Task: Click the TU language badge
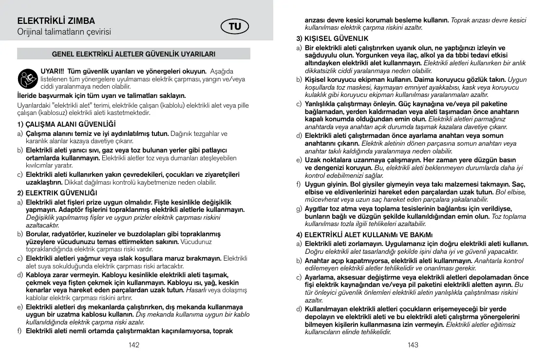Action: point(235,27)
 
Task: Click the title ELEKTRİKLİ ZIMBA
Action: point(56,21)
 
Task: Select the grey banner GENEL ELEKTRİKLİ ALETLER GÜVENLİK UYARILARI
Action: point(133,54)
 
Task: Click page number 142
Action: point(134,345)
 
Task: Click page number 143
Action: point(413,345)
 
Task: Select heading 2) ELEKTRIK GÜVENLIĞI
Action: point(57,192)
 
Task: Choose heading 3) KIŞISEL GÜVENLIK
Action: point(333,38)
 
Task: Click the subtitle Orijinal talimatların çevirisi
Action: point(64,32)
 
